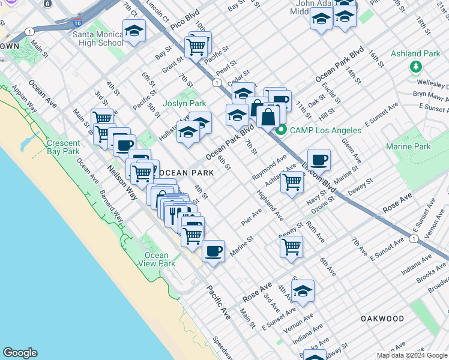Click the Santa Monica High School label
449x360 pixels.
pyautogui.click(x=98, y=38)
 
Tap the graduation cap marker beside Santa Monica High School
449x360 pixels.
pyautogui.click(x=134, y=31)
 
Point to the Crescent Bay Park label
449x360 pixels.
pyautogui.click(x=64, y=147)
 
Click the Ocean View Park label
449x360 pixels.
pyautogui.click(x=157, y=259)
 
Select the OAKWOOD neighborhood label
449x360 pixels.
pyautogui.click(x=382, y=319)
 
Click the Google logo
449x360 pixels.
pyautogui.click(x=20, y=353)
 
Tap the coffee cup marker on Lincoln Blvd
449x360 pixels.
pyautogui.click(x=319, y=160)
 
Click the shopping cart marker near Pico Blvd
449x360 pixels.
pyautogui.click(x=196, y=47)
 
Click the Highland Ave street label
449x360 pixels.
pyautogui.click(x=270, y=205)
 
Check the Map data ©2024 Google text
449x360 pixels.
pyautogui.click(x=412, y=355)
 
